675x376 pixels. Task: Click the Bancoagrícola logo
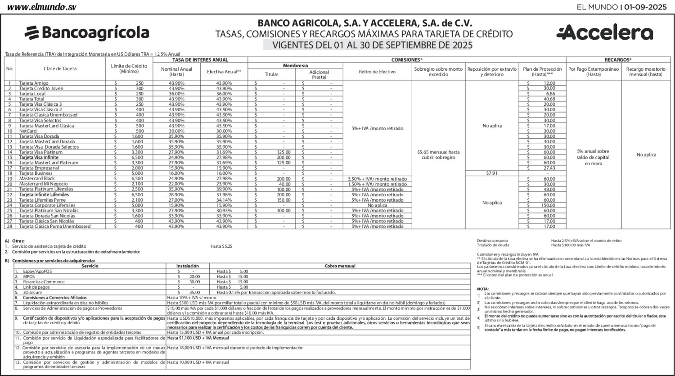(87, 33)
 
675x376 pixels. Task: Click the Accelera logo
(604, 33)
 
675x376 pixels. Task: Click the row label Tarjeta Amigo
(34, 83)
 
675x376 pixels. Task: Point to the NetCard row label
(28, 131)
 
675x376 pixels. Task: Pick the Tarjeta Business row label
(36, 173)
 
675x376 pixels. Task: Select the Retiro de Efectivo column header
(377, 72)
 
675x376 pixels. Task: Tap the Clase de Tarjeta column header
(60, 69)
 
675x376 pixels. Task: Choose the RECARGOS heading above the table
(618, 59)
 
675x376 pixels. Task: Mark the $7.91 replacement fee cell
(492, 173)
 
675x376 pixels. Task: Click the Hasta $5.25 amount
(221, 246)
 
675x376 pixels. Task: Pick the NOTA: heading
(482, 289)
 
